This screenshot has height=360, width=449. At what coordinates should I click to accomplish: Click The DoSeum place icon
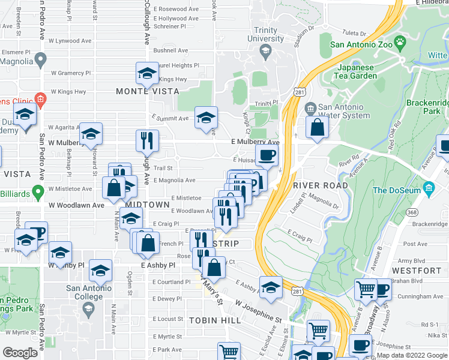pos(428,190)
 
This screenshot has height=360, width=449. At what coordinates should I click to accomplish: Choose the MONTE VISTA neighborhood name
pos(148,91)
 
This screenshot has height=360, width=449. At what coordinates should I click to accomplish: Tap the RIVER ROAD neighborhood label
pos(321,185)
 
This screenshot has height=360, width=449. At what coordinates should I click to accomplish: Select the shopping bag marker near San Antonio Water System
pos(317,127)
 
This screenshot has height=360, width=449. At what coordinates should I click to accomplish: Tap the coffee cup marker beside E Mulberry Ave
pos(267,155)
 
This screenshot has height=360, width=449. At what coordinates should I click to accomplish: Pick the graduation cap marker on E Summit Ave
pos(206,117)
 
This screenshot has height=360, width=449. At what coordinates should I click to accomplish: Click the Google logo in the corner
pos(19,353)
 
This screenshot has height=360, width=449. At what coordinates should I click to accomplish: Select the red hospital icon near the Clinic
pos(40,98)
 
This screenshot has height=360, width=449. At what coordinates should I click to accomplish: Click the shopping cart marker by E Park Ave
pos(229,352)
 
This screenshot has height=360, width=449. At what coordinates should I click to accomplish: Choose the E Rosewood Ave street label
pos(176,10)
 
